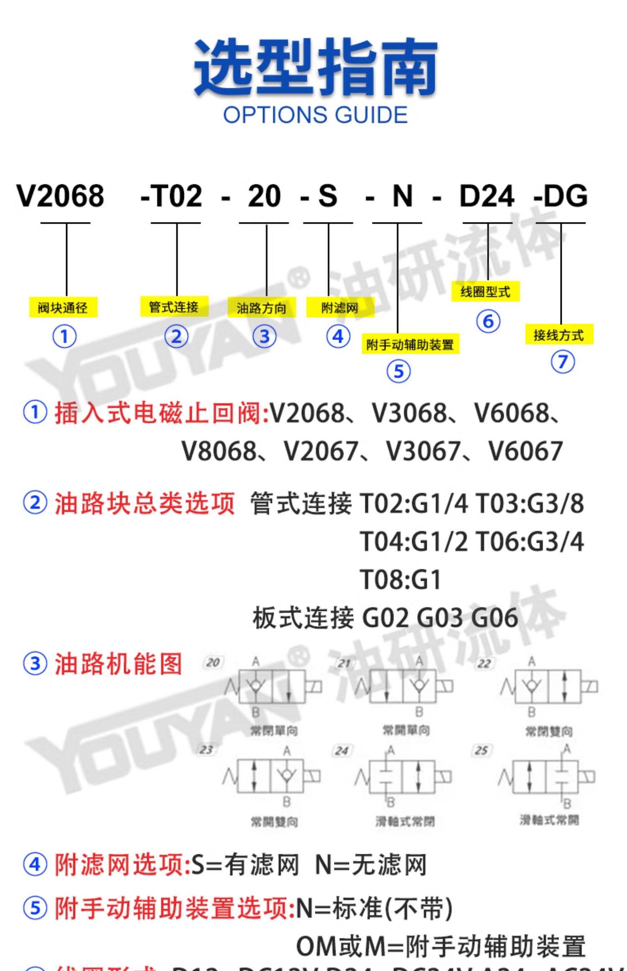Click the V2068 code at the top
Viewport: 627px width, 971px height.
60,196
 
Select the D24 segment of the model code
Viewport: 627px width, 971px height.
487,196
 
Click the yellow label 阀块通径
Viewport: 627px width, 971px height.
63,308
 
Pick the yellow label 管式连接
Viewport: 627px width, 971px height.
174,307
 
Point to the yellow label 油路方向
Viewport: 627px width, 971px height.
262,308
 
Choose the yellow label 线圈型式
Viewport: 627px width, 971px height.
485,291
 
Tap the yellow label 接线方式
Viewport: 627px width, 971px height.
559,335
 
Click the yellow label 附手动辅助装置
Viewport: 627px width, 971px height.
410,345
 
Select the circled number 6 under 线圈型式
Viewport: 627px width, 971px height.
488,321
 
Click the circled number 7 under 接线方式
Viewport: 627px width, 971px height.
563,362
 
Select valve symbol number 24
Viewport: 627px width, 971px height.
403,777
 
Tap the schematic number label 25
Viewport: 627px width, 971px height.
481,750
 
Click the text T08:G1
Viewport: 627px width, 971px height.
400,580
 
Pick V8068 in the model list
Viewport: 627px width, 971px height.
218,451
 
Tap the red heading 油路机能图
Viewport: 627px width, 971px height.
118,664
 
